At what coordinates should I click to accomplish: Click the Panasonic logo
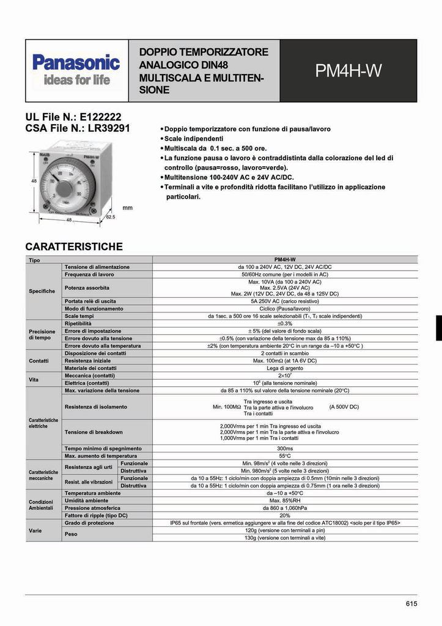point(76,64)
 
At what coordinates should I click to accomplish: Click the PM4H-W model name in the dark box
point(348,72)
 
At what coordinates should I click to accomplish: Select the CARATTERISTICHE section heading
point(74,247)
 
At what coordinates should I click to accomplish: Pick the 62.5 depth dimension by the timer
point(111,217)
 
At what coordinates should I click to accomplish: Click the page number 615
point(411,604)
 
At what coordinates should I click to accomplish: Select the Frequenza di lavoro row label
point(89,274)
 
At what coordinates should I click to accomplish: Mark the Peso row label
point(71,534)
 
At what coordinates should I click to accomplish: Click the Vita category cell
point(34,379)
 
